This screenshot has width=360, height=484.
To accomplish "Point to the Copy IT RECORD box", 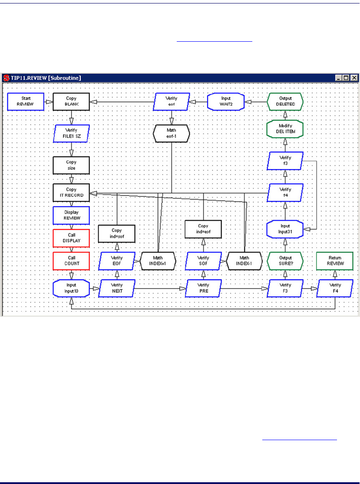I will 71,193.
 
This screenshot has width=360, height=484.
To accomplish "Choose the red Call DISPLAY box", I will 71,238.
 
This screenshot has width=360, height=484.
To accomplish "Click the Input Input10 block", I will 71,288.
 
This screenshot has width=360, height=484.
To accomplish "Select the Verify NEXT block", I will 116,288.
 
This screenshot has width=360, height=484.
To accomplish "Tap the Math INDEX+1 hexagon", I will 158,261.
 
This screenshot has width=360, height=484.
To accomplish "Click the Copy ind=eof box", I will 203,229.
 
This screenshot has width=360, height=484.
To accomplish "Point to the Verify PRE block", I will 203,288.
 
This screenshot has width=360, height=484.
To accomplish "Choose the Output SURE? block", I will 285,261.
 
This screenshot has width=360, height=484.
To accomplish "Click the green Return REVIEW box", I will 335,261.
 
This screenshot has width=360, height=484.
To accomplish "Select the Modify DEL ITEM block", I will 285,129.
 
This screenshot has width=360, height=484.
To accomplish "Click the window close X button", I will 354,78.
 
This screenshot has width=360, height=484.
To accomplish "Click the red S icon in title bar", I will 7,78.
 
